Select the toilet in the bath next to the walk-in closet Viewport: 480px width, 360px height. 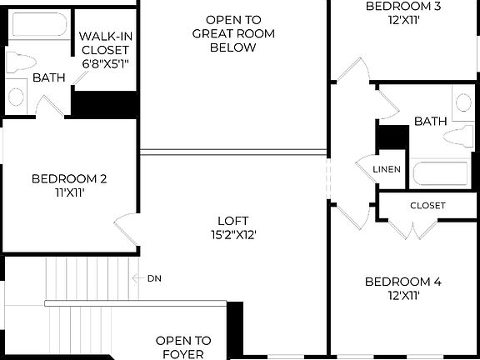coord(16,63)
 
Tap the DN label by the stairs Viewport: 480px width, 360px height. coord(154,277)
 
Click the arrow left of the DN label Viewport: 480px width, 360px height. coord(137,277)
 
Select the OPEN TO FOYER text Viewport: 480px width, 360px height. coord(183,347)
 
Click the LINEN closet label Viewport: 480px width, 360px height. coord(387,170)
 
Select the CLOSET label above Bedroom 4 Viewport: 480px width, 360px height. coord(427,205)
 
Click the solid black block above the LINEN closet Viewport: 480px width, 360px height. coord(392,137)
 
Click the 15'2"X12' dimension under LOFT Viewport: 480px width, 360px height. coord(232,235)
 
